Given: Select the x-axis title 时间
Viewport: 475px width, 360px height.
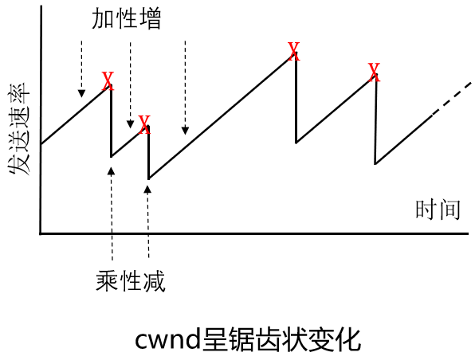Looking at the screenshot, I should click(438, 210).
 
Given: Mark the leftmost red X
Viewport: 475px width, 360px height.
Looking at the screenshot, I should click(108, 80).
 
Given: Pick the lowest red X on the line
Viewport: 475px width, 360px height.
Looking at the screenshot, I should click(143, 124).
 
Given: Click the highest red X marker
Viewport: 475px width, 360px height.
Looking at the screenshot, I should click(293, 53).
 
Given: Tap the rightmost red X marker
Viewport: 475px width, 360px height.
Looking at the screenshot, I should click(374, 73).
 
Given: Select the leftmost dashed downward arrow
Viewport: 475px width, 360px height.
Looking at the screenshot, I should click(80, 68).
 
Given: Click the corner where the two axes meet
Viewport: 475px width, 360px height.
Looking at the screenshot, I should click(41, 233).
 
